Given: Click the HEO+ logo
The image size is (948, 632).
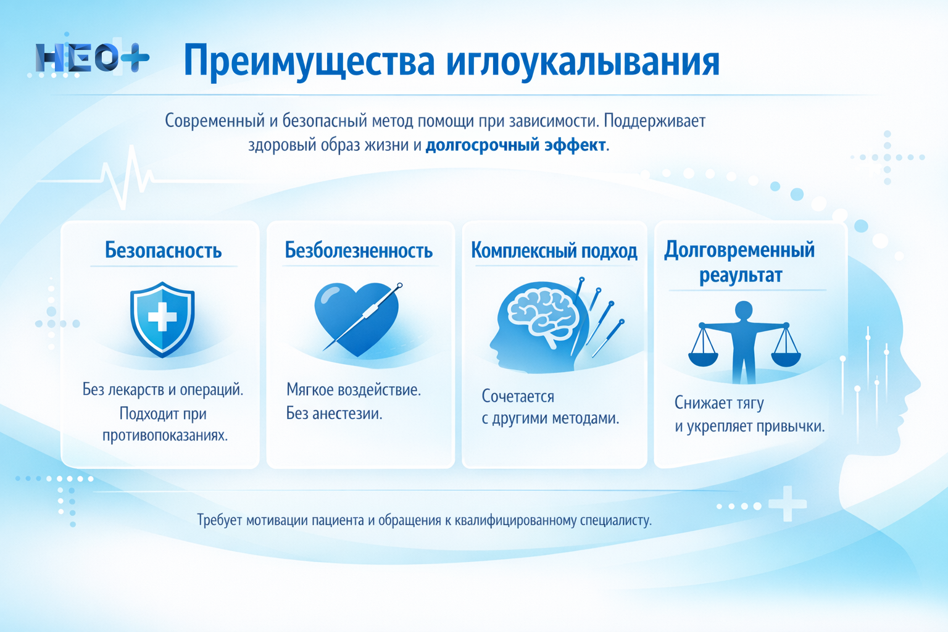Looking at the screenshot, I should (x=91, y=59).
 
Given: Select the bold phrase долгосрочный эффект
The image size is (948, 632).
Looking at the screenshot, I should (x=516, y=145).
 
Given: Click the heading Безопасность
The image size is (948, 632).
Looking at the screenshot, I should (x=163, y=251).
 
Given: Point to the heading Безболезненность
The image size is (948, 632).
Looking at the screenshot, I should (x=359, y=251).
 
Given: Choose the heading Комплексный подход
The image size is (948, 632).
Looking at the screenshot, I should (x=554, y=251).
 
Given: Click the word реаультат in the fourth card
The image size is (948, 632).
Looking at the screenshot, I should (x=740, y=275).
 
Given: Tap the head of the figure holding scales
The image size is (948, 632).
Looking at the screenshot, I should (x=744, y=310).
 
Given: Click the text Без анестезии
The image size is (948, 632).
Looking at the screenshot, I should (x=334, y=414).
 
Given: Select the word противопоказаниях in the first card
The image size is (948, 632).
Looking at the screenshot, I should (x=165, y=435).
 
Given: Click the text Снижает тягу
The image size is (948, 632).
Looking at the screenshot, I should (x=719, y=403).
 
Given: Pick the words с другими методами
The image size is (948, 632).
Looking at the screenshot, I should (x=550, y=418).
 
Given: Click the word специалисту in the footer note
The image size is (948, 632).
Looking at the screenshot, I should (x=615, y=520).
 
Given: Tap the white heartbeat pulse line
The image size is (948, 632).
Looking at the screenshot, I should (x=127, y=176).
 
